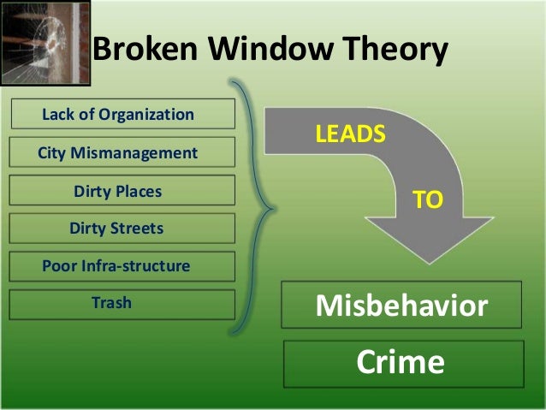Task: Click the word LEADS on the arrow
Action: click(351, 135)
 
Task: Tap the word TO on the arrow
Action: click(427, 200)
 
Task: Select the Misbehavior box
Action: click(401, 305)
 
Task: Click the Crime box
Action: click(401, 363)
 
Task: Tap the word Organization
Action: click(146, 114)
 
